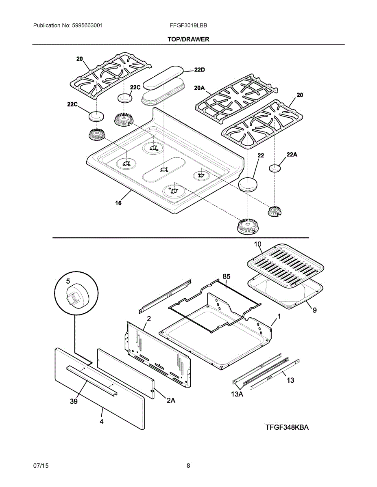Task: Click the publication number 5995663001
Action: click(87, 25)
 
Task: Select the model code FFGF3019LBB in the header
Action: click(188, 25)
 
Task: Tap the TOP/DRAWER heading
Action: click(188, 39)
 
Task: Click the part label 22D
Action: click(199, 70)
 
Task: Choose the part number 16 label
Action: click(118, 203)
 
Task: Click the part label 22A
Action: click(292, 155)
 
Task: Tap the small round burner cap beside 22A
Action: click(275, 168)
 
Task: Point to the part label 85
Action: click(227, 276)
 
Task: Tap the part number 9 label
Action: click(314, 310)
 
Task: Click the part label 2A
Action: click(171, 401)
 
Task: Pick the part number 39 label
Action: click(74, 401)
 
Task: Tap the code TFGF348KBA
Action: click(287, 427)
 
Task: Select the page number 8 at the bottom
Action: click(188, 466)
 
